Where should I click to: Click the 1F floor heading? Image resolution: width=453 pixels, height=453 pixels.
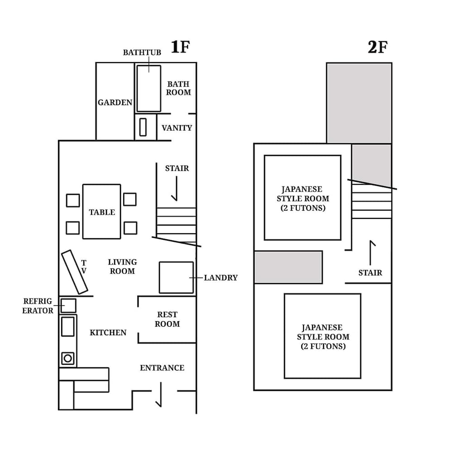point(180,47)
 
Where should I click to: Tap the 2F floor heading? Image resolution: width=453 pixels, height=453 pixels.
point(377,47)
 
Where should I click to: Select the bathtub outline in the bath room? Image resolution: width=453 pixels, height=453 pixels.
point(149,88)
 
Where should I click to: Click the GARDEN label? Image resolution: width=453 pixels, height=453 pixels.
point(115,102)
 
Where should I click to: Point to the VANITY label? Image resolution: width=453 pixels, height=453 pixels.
point(177,128)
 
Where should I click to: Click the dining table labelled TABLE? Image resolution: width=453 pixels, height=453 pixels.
point(101,211)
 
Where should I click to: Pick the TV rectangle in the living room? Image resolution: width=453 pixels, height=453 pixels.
point(75,272)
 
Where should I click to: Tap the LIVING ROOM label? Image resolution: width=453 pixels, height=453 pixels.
point(122,266)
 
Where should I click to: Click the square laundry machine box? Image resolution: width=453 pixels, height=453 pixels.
point(176,277)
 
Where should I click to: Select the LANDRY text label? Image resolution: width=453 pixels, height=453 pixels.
point(221,278)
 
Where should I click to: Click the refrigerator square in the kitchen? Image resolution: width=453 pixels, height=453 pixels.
point(68,305)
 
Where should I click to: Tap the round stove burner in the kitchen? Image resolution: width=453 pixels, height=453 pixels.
point(68,358)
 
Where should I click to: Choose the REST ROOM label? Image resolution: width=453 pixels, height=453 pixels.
point(167,319)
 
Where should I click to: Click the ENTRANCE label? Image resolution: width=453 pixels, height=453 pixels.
point(162,368)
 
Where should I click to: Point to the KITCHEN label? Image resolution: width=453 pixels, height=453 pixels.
point(108,333)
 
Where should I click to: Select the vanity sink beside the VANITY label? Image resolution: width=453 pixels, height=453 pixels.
point(143,127)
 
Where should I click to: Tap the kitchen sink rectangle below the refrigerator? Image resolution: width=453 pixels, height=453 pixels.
point(68,326)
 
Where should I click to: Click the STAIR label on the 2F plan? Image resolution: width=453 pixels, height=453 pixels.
point(370,273)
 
